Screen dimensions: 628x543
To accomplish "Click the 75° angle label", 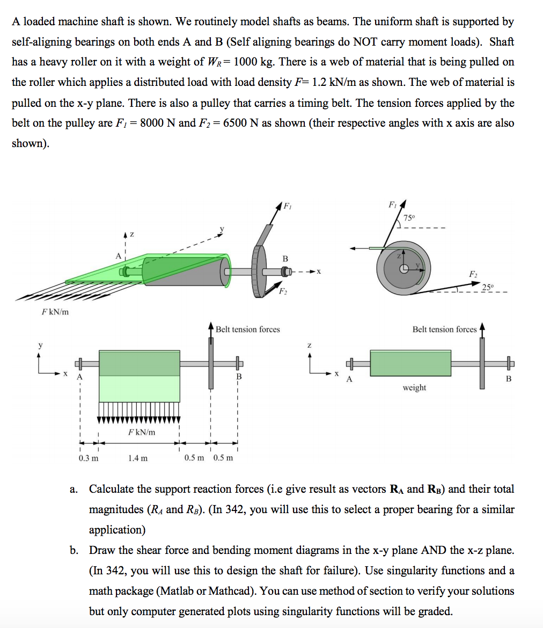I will click(409, 218).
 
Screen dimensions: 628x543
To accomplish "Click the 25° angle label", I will click(489, 286).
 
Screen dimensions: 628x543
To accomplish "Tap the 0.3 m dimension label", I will click(89, 458).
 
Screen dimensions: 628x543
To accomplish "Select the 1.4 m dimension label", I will click(138, 458).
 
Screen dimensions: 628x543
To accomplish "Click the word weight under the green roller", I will click(414, 388).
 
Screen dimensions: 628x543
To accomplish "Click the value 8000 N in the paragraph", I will click(155, 123).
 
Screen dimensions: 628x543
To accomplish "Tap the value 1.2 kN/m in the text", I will click(334, 82).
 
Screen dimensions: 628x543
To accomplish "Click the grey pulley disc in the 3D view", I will click(259, 272).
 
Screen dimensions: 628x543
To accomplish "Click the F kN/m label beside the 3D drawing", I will click(55, 312).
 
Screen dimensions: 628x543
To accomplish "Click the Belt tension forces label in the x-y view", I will click(248, 330).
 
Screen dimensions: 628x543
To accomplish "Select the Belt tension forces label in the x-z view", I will click(444, 330).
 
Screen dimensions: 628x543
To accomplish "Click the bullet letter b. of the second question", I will click(74, 551).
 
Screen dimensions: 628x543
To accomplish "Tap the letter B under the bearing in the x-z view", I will click(509, 379).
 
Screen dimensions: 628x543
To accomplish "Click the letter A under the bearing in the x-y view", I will click(80, 377).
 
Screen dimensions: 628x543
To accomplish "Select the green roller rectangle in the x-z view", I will click(410, 363).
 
